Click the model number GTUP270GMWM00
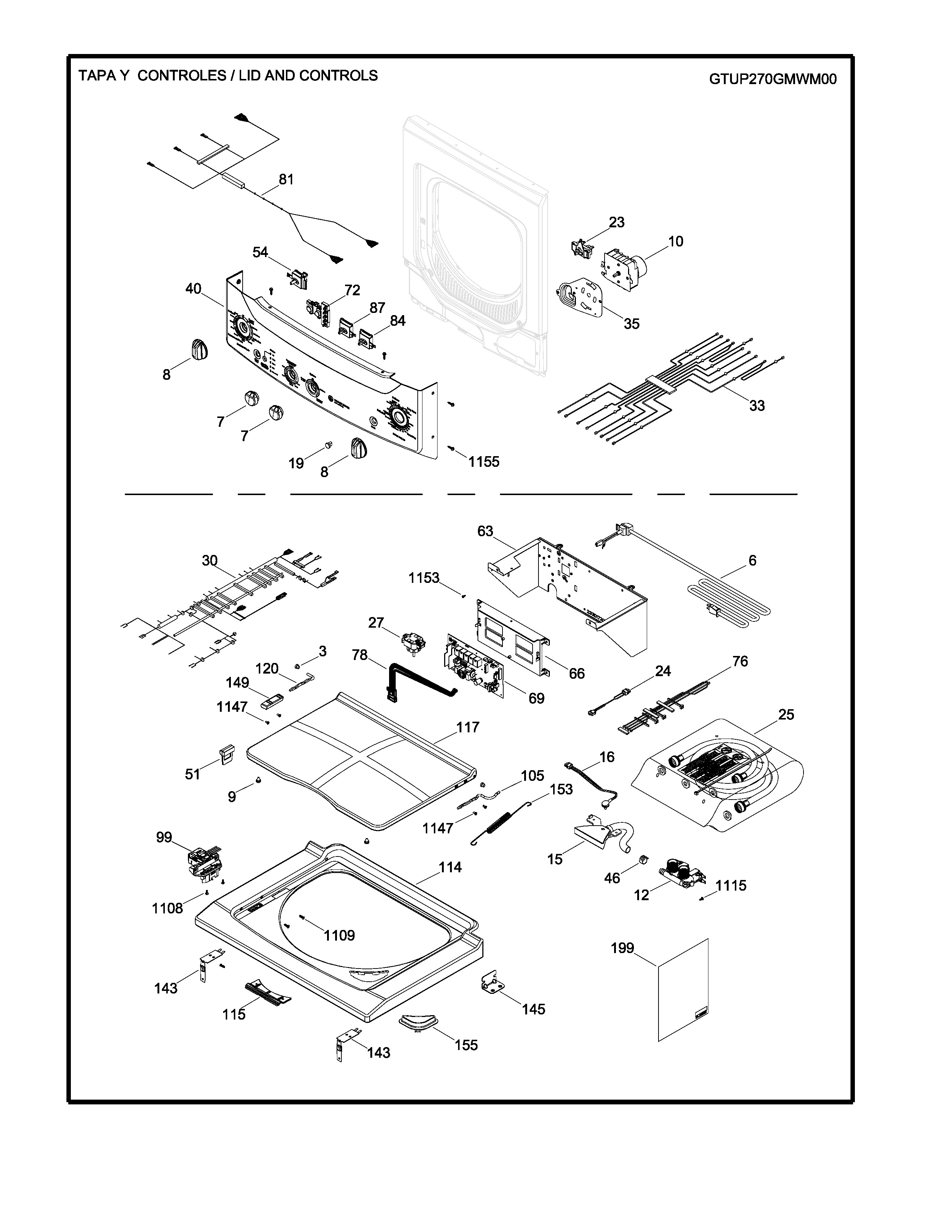772,79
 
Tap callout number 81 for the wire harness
286,179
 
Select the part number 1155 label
483,462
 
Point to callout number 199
622,948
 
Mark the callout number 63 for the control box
485,531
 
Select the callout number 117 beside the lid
467,727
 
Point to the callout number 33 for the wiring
757,406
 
